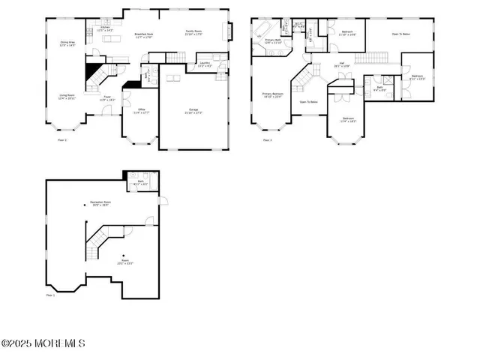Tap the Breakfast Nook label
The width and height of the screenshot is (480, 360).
145,35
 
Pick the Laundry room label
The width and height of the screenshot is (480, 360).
205,64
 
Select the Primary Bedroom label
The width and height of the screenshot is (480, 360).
272,95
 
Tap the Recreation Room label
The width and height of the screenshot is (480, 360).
100,204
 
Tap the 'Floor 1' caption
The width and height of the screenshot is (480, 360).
51,295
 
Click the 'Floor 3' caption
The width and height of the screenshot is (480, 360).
266,139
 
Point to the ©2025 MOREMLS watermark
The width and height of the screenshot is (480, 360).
43,344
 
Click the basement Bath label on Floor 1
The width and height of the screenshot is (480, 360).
141,181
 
